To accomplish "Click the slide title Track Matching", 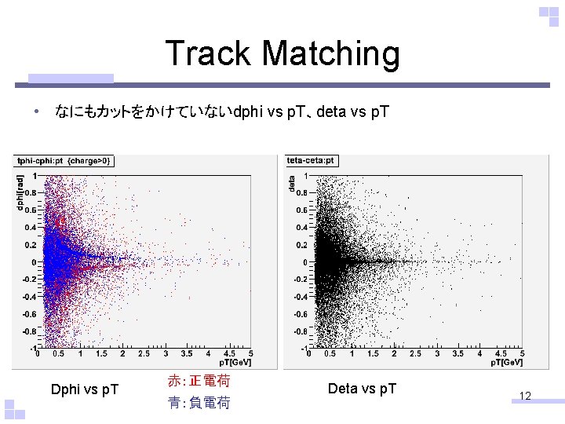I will [282, 54].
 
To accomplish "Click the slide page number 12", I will [525, 396].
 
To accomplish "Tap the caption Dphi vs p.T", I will [85, 389].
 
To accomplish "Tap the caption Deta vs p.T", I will [362, 389].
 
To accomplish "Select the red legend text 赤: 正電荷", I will [199, 382].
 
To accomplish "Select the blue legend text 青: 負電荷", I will [199, 403].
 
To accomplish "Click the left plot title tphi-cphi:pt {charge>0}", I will [64, 161].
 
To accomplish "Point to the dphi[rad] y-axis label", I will [20, 192].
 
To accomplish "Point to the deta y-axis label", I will [292, 183].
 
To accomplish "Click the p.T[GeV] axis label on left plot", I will [235, 362].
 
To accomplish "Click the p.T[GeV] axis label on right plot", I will [507, 362].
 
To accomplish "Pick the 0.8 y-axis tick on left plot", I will [29, 192].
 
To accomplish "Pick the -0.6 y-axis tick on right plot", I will [300, 314].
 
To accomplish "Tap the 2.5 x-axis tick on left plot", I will [144, 354].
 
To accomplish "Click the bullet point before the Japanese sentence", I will [36, 112].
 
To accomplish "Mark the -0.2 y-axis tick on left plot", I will [27, 280].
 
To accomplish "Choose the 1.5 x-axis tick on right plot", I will [373, 354].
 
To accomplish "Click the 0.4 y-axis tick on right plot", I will [302, 227].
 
